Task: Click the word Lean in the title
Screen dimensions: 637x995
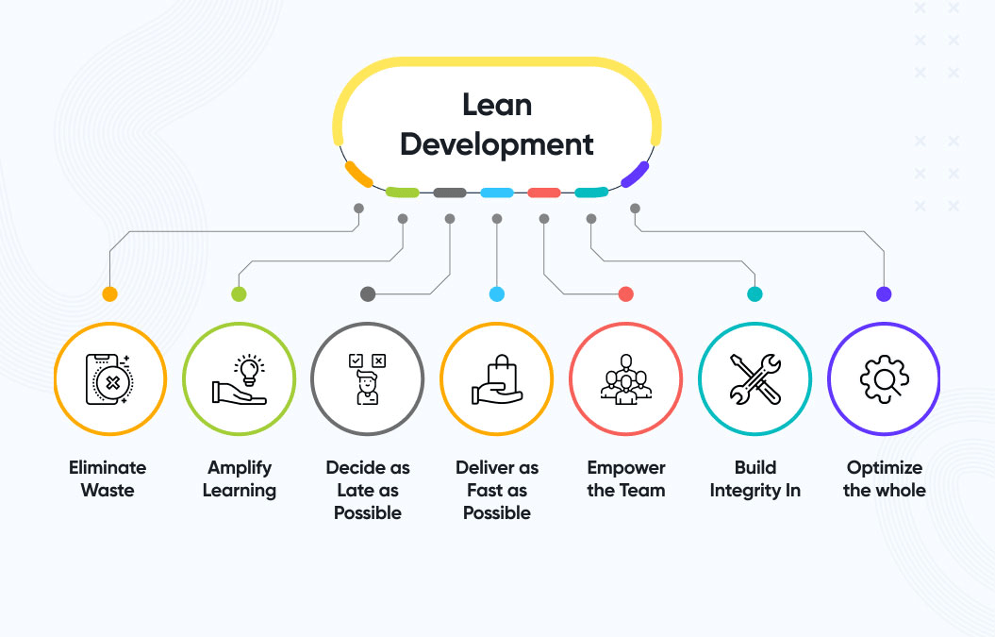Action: (496, 105)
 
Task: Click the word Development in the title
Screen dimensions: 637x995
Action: (496, 144)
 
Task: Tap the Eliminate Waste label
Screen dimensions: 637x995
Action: (108, 478)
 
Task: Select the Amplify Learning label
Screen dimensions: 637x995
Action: (240, 478)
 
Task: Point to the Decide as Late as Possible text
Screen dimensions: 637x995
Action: (368, 490)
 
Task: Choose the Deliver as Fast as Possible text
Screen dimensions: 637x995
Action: (497, 490)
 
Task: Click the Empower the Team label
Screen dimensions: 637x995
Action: (626, 478)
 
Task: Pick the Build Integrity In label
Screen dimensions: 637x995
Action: (755, 478)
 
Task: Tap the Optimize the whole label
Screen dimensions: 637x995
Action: (884, 478)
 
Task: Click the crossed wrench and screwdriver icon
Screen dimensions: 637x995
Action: (755, 378)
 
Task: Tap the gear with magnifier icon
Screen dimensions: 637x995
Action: (884, 378)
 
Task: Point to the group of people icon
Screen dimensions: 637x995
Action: (626, 379)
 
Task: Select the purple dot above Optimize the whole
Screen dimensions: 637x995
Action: (884, 294)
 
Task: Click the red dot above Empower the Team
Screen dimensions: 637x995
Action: (626, 294)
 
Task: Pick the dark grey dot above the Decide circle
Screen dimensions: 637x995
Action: (368, 294)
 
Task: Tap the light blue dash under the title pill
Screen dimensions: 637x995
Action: (497, 193)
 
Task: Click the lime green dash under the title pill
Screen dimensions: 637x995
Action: (403, 193)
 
